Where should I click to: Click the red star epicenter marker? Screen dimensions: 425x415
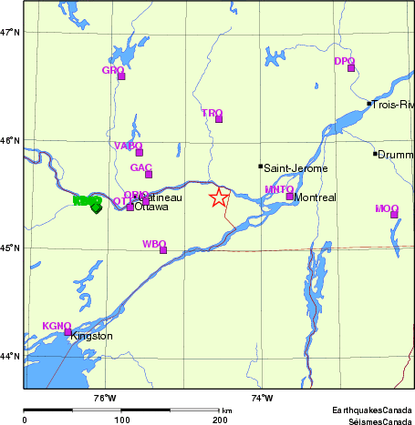[x=219, y=197]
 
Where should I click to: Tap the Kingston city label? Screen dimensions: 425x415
[x=91, y=336]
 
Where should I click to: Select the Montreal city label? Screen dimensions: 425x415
[x=316, y=197]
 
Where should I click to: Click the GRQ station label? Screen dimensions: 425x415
[x=113, y=70]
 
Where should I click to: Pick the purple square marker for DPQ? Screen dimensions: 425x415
[x=351, y=67]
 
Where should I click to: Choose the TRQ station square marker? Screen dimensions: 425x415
[x=219, y=119]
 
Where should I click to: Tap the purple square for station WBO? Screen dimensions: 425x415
[x=163, y=249]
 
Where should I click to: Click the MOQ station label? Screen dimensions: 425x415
[x=387, y=209]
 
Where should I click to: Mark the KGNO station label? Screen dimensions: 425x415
[x=57, y=326]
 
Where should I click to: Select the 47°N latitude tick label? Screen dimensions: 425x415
[x=10, y=33]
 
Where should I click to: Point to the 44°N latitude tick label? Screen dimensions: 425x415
[x=10, y=356]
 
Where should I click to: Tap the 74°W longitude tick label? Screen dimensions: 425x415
[x=262, y=397]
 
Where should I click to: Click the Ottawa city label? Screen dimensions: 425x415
[x=151, y=207]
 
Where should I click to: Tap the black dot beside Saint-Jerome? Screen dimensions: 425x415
[x=261, y=167]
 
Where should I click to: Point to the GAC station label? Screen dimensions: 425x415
[x=141, y=167]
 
